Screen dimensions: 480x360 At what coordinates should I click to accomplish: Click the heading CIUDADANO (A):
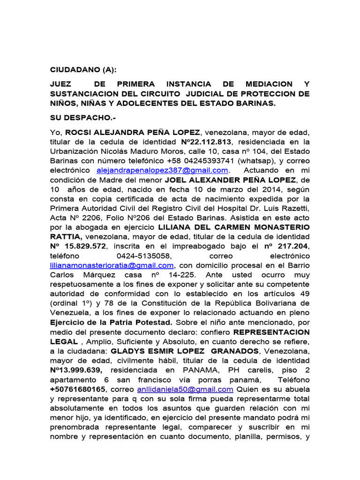click(82, 70)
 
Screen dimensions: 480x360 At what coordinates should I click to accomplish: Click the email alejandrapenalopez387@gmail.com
click(163, 170)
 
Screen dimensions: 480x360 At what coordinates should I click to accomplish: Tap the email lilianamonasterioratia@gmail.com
click(115, 265)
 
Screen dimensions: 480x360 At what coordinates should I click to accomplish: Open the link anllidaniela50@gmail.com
click(185, 390)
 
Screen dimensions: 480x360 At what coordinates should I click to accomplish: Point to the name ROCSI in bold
click(78, 132)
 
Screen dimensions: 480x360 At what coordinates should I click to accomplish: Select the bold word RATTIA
click(66, 236)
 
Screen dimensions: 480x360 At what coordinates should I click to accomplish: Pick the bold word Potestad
click(153, 322)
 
